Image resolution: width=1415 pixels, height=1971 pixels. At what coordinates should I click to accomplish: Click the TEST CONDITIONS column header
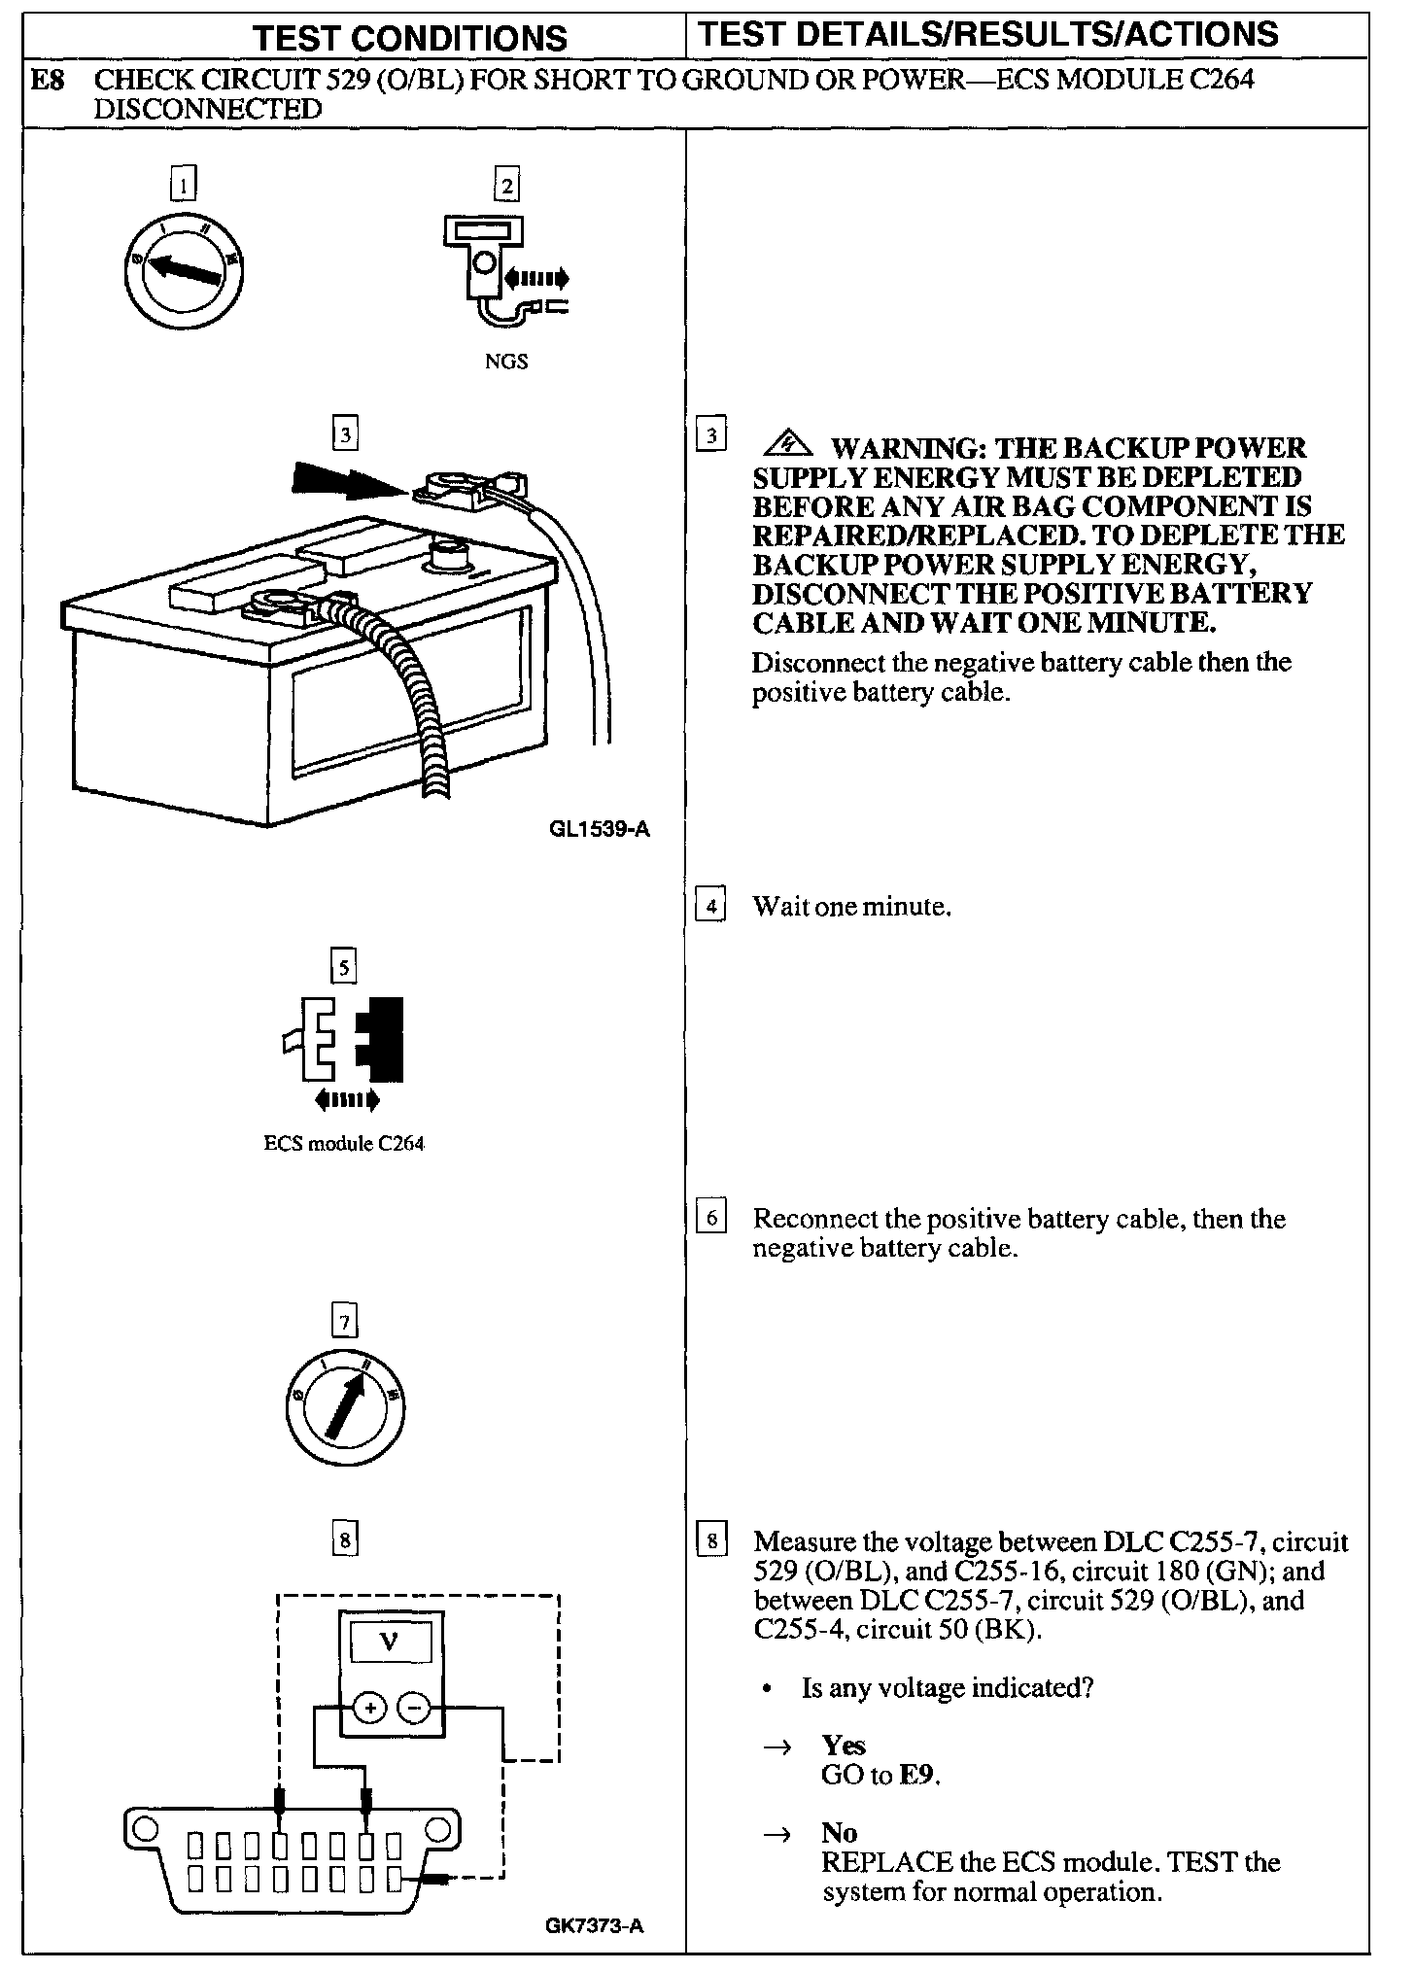(409, 38)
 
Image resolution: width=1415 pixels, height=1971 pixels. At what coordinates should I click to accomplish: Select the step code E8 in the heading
(48, 80)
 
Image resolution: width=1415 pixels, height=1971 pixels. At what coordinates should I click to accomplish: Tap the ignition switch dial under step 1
(184, 271)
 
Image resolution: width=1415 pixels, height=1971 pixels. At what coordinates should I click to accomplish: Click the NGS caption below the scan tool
(506, 362)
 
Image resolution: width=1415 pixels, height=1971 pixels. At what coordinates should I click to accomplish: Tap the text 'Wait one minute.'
(851, 907)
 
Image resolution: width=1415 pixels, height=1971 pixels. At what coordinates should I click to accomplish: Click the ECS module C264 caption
(344, 1143)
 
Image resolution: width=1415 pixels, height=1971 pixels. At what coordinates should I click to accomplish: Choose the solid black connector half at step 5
(381, 1038)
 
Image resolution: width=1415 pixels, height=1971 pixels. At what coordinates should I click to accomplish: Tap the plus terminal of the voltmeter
(369, 1708)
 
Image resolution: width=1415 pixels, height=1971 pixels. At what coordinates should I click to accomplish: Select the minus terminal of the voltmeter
(414, 1708)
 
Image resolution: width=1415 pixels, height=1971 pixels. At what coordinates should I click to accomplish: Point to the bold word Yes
(844, 1746)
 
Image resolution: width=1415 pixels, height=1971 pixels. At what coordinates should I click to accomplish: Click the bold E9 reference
(918, 1776)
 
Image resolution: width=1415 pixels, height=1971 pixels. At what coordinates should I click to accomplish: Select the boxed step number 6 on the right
(711, 1218)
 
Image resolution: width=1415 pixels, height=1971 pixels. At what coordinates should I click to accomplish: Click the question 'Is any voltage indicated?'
(948, 1688)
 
